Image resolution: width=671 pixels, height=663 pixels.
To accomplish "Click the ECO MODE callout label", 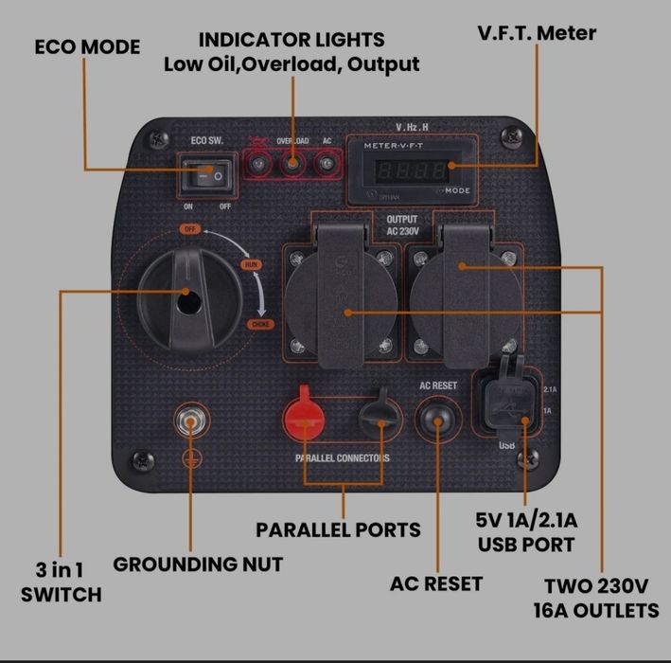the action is coord(87,46).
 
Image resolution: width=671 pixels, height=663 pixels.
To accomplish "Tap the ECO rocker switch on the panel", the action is coord(207,174).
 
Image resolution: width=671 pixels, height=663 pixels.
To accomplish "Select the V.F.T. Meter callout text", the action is coord(536,33).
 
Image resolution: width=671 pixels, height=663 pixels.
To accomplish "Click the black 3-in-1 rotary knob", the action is coord(185,293).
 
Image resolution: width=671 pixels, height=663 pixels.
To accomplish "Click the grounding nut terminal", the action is coord(193,423).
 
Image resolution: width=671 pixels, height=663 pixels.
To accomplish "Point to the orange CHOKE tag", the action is coord(261,325).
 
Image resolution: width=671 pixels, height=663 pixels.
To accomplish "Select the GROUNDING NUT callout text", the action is coord(198,564).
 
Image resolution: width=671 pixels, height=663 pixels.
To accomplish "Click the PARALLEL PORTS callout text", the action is coord(338,529).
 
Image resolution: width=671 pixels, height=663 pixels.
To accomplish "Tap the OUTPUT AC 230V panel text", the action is coord(402,224).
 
